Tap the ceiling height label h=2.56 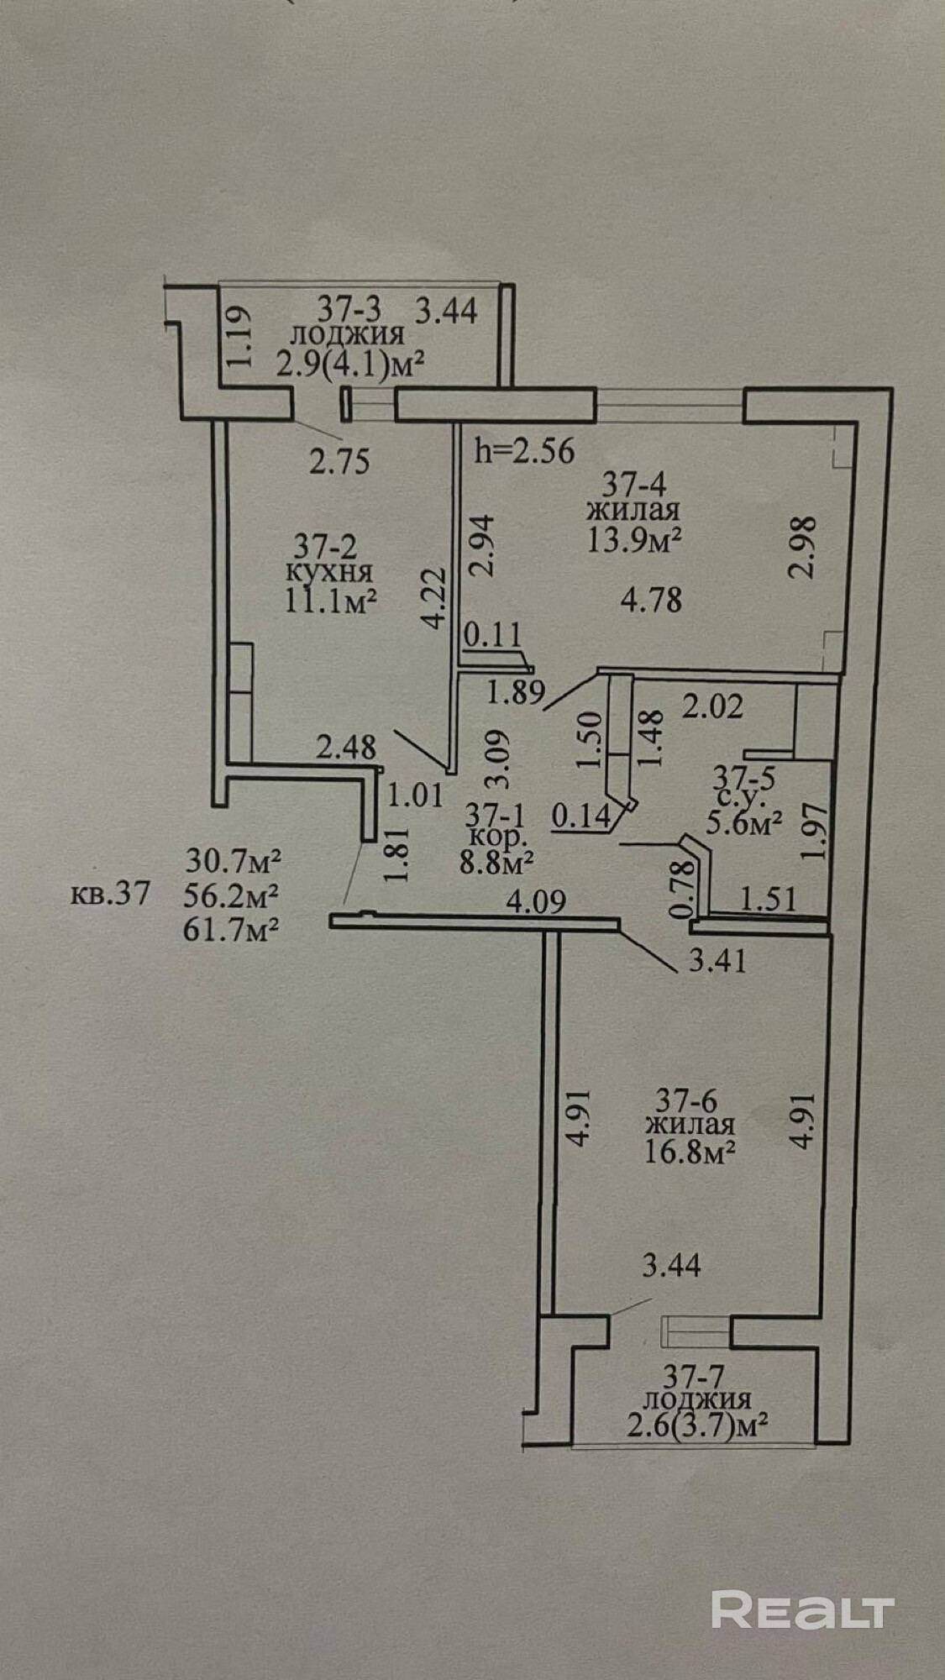pos(525,451)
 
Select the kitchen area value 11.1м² pos(330,601)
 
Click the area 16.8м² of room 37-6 pos(690,1150)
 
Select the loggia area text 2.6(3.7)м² pos(699,1425)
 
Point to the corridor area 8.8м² pos(498,862)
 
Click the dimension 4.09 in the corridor pos(537,902)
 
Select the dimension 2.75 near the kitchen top pos(339,461)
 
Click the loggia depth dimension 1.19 pos(238,335)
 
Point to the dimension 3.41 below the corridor pos(717,959)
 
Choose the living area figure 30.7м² pos(232,862)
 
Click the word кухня pos(330,574)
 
